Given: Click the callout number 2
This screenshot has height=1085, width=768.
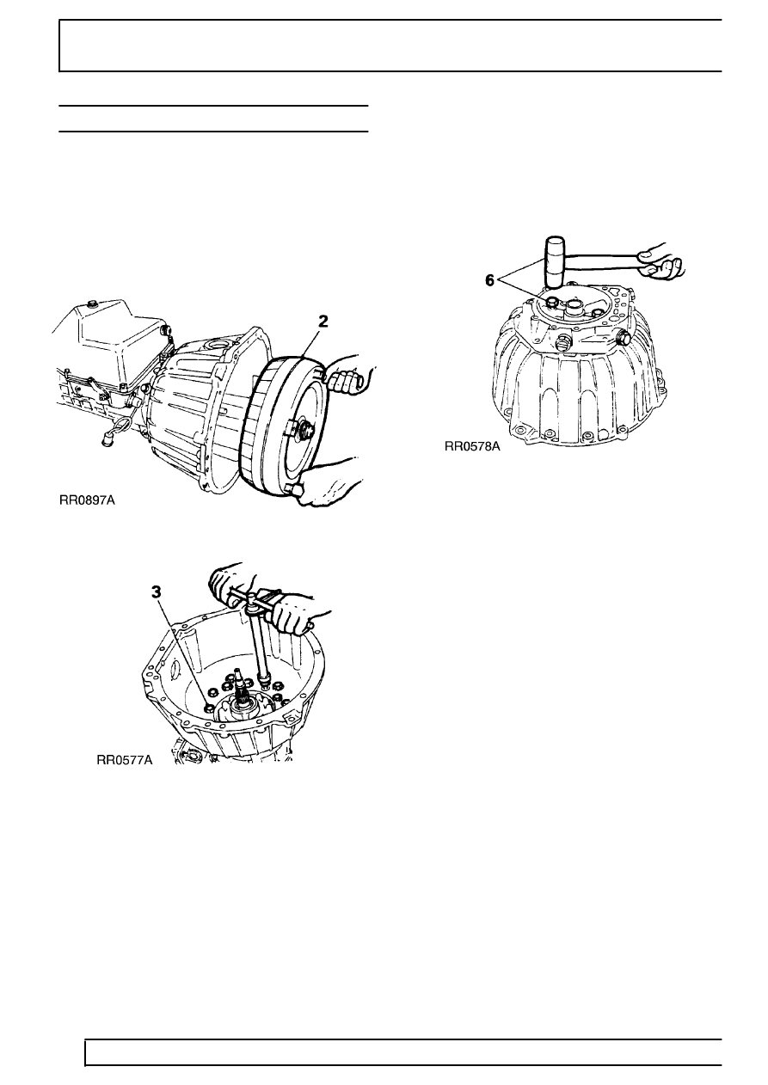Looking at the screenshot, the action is click(323, 322).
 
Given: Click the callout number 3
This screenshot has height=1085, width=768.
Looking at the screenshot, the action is click(157, 592).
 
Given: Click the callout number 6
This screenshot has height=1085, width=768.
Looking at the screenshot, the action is click(490, 280).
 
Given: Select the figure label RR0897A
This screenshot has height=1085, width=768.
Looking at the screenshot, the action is click(87, 500).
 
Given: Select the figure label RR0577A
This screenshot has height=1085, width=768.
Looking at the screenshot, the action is click(125, 760).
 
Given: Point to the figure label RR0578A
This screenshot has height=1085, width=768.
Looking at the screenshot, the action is click(472, 446).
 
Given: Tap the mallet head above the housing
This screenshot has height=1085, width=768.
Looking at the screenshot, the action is click(555, 261).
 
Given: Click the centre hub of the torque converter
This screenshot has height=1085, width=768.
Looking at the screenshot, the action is click(304, 428).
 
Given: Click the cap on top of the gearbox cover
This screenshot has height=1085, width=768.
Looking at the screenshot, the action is click(91, 304).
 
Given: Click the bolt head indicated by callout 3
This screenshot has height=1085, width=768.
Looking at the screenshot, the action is click(208, 708).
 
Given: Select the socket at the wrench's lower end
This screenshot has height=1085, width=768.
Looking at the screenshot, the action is click(264, 680).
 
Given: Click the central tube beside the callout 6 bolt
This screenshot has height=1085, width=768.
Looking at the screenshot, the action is click(577, 306).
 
